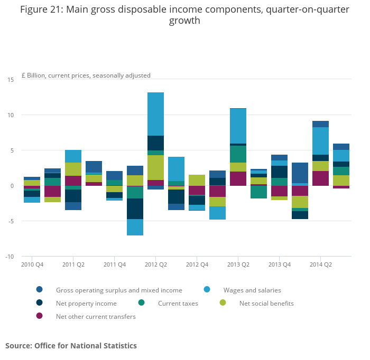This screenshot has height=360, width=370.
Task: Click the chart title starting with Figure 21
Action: click(184, 15)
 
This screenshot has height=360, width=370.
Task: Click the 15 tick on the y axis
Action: click(11, 80)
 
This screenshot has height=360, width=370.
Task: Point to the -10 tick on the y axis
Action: click(10, 257)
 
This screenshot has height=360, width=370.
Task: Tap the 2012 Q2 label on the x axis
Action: click(155, 264)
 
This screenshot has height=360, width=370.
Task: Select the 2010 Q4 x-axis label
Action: click(32, 264)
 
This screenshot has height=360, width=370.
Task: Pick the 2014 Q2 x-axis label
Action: click(320, 264)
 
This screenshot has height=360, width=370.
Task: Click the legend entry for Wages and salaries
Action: click(252, 290)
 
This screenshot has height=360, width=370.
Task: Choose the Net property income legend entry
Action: click(86, 304)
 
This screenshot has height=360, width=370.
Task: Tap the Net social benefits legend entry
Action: click(266, 304)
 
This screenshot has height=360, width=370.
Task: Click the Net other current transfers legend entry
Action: click(96, 317)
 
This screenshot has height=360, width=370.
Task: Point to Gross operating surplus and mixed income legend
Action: click(119, 290)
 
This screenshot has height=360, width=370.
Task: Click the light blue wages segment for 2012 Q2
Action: click(155, 113)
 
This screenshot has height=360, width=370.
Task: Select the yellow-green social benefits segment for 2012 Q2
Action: click(155, 167)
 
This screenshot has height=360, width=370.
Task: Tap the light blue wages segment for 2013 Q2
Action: click(238, 126)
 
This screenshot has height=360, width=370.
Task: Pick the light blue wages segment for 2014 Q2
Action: click(320, 140)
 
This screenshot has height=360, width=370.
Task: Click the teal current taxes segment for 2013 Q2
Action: click(238, 154)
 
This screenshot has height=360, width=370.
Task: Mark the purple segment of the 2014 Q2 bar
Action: click(320, 178)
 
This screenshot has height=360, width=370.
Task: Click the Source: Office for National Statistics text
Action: click(71, 346)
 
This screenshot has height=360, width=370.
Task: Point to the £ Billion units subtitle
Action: click(86, 75)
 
